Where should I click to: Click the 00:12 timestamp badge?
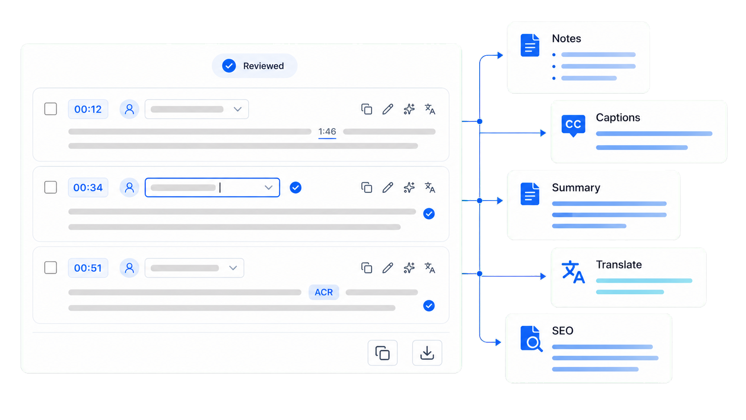(x=88, y=109)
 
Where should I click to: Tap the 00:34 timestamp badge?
(x=88, y=187)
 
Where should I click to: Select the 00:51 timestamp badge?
(x=88, y=268)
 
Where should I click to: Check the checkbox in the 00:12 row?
(x=50, y=109)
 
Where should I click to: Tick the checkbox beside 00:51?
(x=50, y=267)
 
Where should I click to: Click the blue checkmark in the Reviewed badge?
(x=229, y=66)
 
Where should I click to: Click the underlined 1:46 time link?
(x=327, y=132)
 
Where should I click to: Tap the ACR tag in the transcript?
(x=324, y=292)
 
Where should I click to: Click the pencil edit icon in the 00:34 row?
(x=388, y=187)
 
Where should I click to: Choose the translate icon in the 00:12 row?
(x=430, y=109)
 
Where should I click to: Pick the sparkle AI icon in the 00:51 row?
(x=409, y=268)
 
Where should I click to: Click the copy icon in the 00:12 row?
(x=367, y=109)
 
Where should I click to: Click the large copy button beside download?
(x=383, y=353)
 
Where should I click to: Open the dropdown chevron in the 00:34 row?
(x=269, y=187)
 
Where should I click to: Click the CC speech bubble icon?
(x=573, y=125)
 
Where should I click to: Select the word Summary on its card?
(x=576, y=187)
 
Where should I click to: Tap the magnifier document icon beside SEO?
(x=531, y=338)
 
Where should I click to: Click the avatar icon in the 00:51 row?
(x=129, y=268)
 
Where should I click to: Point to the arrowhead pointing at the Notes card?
(x=500, y=55)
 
